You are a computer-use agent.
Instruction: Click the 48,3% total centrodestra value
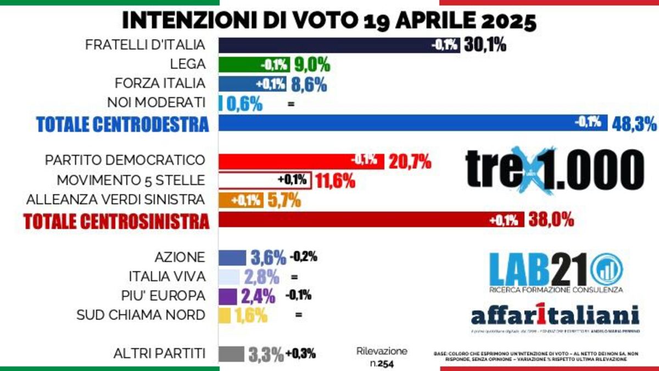click(634, 124)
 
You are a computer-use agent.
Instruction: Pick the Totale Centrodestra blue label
click(122, 124)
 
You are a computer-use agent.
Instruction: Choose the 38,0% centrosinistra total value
click(551, 220)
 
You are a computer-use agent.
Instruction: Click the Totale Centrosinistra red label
click(116, 221)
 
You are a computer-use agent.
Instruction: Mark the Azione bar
click(232, 257)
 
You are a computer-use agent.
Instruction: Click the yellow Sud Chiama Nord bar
click(225, 315)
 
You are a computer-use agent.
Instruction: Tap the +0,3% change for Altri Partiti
click(300, 354)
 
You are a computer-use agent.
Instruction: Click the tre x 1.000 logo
click(554, 168)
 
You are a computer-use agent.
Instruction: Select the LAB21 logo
click(555, 270)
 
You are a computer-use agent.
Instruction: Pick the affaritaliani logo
click(555, 315)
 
